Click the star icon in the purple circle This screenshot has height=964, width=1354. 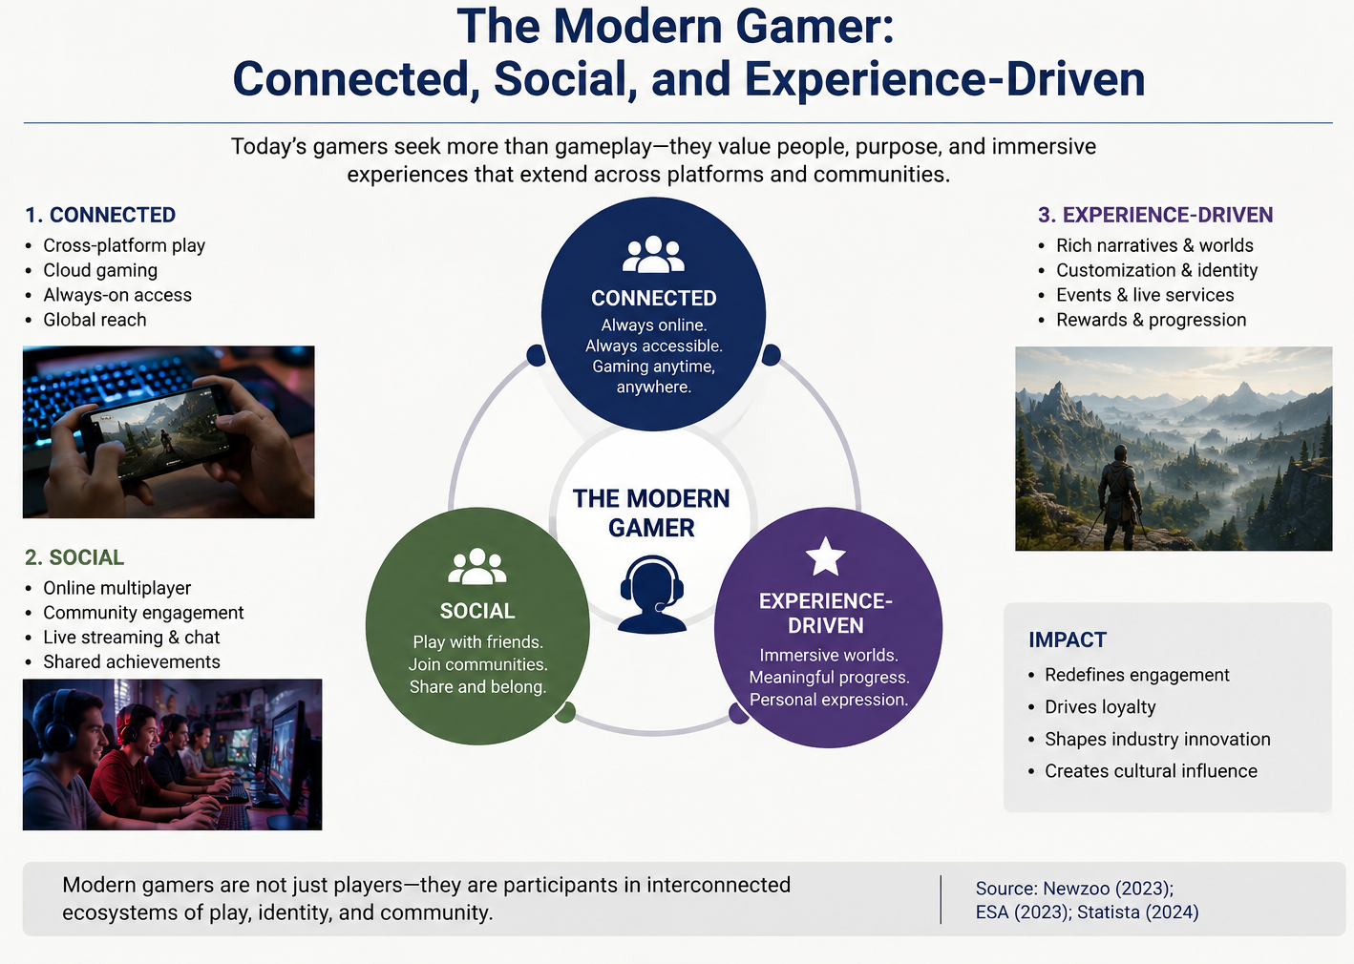[826, 556]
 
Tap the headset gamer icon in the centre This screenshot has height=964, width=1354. [651, 595]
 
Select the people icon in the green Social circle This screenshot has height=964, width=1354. [477, 566]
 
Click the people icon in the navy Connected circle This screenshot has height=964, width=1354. [653, 254]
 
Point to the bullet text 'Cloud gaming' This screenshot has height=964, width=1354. [100, 270]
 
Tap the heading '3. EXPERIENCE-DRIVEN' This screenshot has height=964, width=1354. [1155, 215]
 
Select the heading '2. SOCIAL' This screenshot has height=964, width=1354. [74, 557]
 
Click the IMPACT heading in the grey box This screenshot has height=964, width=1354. [1068, 639]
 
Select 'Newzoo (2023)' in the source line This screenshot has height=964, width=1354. [1108, 889]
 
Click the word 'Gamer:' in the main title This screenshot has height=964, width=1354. [815, 27]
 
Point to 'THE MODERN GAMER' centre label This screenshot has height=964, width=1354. [651, 513]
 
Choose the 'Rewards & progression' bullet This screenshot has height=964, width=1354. [1151, 320]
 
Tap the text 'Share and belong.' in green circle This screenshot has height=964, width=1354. [477, 687]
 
